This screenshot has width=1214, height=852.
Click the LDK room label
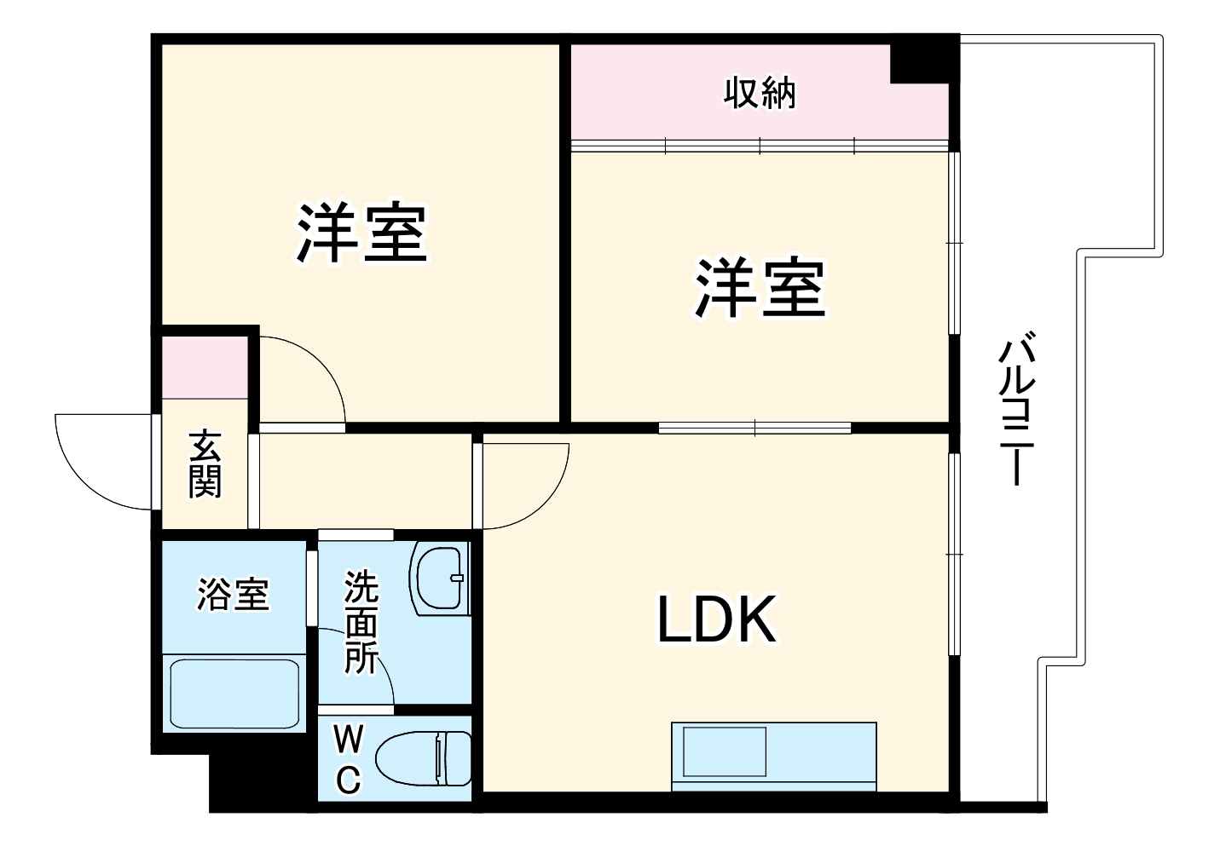tap(717, 619)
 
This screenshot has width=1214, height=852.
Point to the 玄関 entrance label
tap(205, 464)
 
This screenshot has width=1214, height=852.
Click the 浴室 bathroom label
tap(233, 594)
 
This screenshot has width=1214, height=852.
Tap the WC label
tap(347, 758)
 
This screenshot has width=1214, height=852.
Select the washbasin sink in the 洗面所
tap(440, 578)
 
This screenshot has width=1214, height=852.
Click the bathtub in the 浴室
tap(234, 693)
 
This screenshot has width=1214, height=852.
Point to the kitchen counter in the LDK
tap(773, 755)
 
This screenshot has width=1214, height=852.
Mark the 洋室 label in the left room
tap(361, 233)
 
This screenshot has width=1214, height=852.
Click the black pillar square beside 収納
tap(919, 60)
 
